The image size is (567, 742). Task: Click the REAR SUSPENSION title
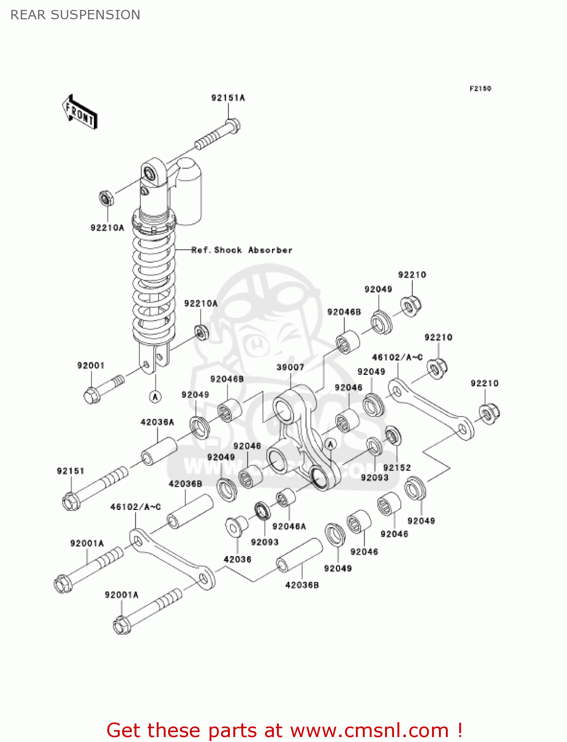click(75, 15)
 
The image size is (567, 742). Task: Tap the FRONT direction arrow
click(80, 112)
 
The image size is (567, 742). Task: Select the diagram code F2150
click(480, 89)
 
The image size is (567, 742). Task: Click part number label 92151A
click(228, 98)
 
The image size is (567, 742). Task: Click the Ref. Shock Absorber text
click(242, 250)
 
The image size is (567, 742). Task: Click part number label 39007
click(290, 367)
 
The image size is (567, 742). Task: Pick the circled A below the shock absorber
click(155, 396)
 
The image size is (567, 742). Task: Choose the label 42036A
click(157, 422)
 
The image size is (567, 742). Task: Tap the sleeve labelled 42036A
click(159, 451)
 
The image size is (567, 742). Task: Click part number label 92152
click(396, 467)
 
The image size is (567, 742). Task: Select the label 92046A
click(289, 526)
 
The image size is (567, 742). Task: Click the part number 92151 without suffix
click(71, 471)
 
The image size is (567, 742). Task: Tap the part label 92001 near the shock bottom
click(91, 366)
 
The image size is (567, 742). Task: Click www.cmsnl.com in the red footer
click(369, 730)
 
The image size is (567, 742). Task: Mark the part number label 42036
click(237, 559)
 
